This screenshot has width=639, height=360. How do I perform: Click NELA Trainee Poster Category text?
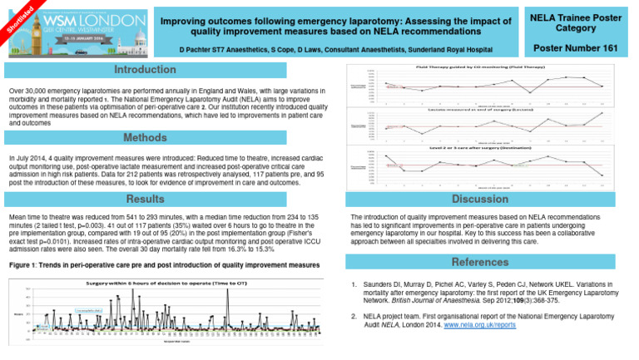pos(575,22)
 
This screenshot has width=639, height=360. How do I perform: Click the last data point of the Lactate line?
pos(602,113)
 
